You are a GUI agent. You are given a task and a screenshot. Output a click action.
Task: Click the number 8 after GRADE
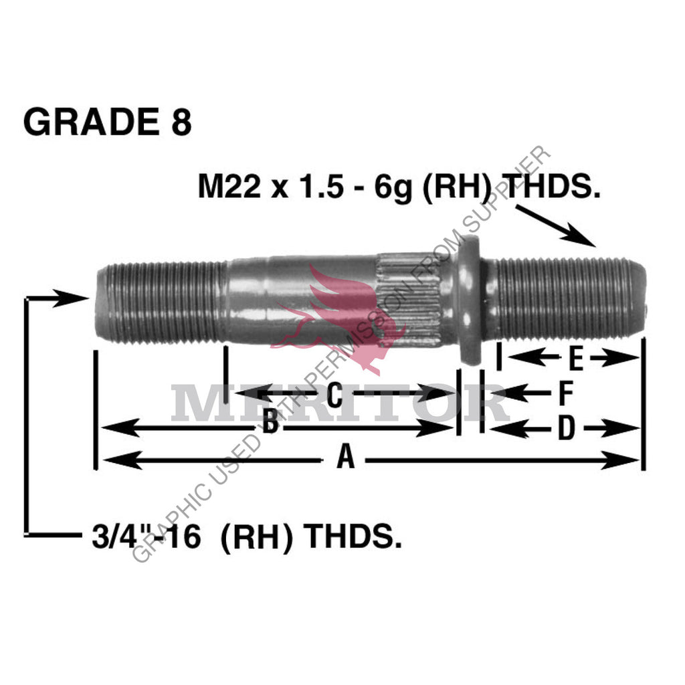click(x=180, y=123)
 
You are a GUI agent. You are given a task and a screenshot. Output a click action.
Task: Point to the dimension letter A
click(x=345, y=458)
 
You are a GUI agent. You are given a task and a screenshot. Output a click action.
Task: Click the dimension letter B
click(x=270, y=423)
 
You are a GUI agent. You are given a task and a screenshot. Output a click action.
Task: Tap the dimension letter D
click(x=566, y=429)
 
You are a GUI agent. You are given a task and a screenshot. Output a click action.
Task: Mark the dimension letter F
click(x=565, y=393)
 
